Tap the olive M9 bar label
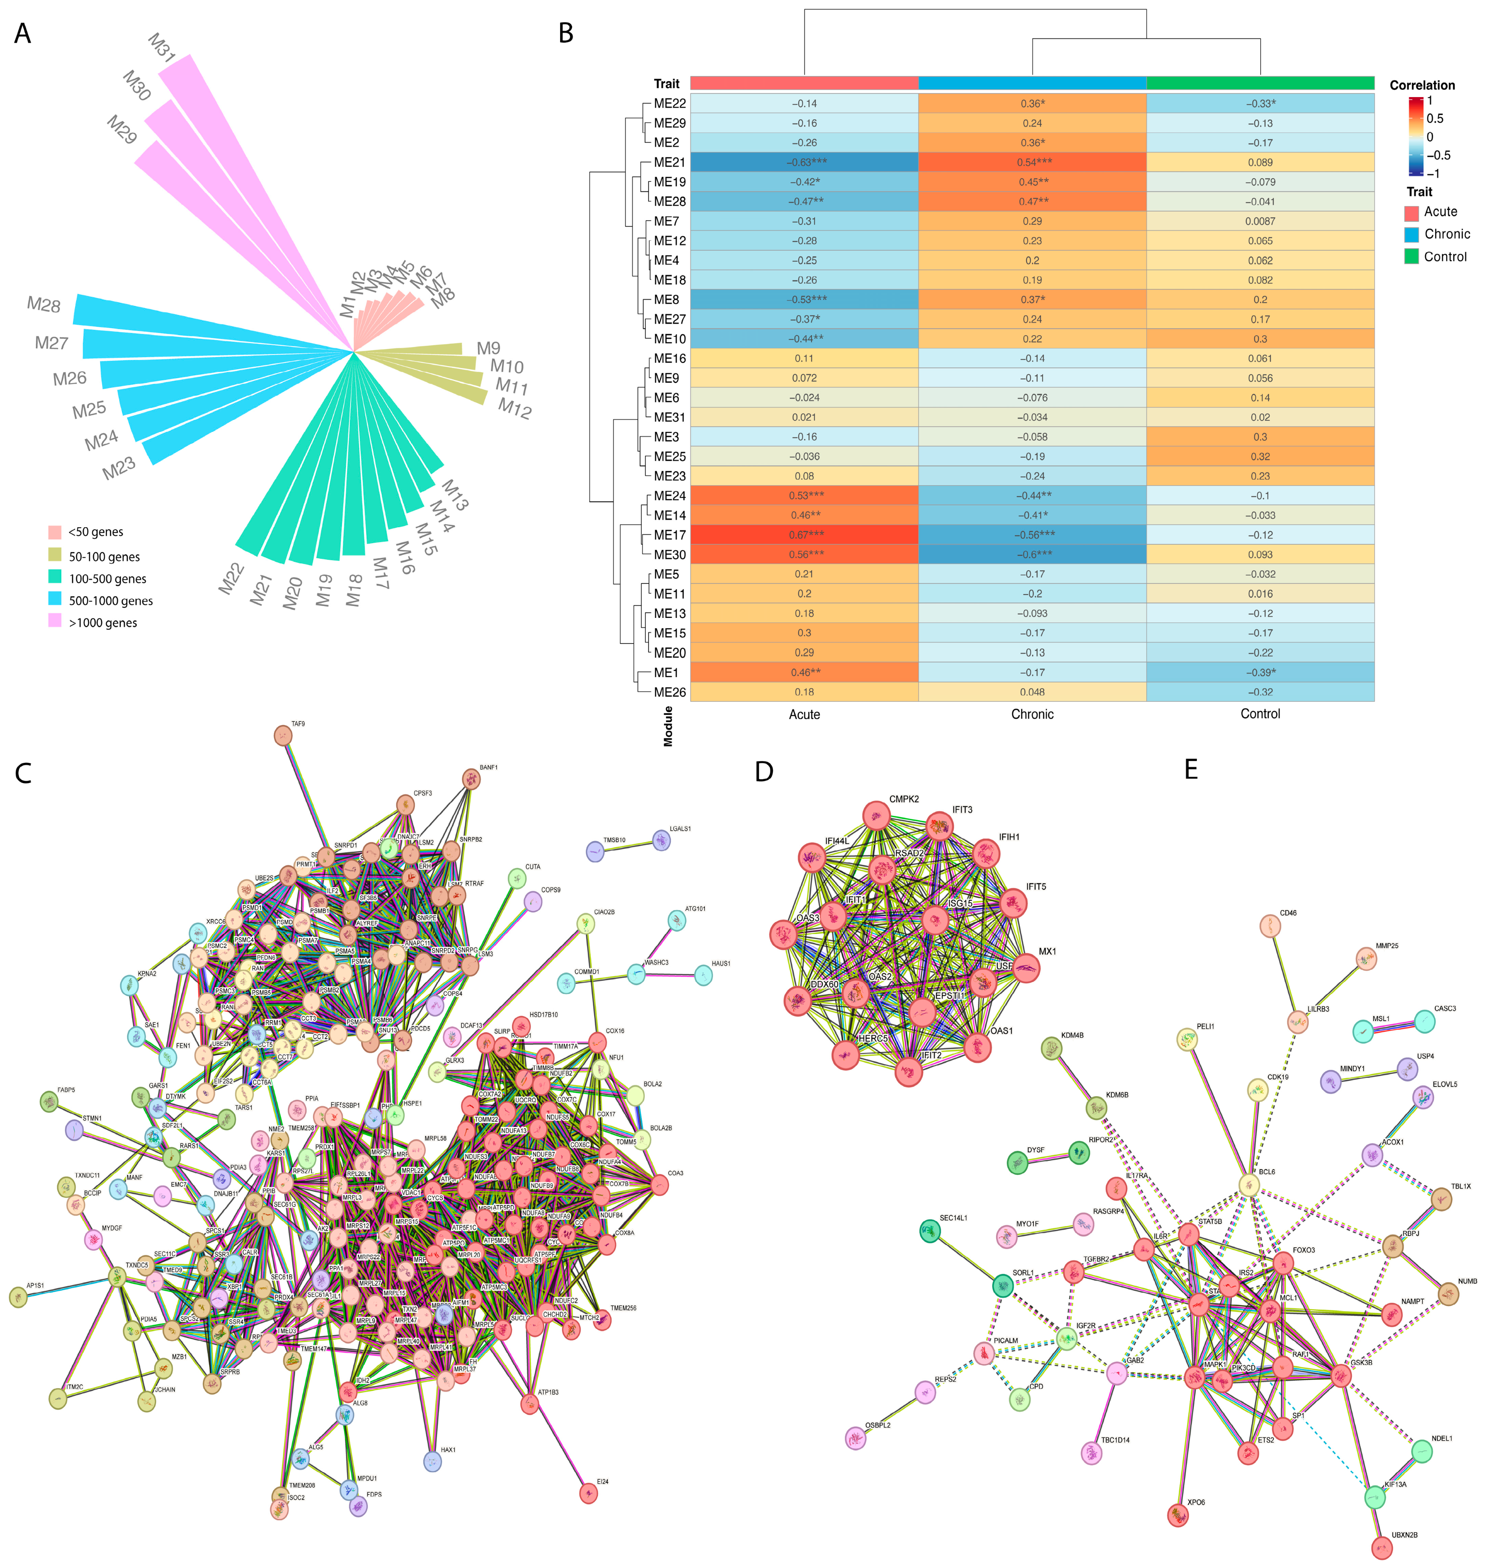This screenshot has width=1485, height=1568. click(489, 348)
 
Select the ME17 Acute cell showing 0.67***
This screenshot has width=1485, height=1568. click(804, 534)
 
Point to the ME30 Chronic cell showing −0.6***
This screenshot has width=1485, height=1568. click(1032, 554)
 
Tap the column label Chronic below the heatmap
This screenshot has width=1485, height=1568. click(1032, 714)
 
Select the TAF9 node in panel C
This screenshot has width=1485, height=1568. click(283, 736)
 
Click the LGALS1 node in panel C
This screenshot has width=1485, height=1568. click(661, 840)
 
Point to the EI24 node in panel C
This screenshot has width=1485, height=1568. click(588, 1493)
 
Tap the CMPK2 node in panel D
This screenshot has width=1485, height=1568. click(876, 815)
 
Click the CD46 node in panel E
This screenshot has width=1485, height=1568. click(1270, 926)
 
